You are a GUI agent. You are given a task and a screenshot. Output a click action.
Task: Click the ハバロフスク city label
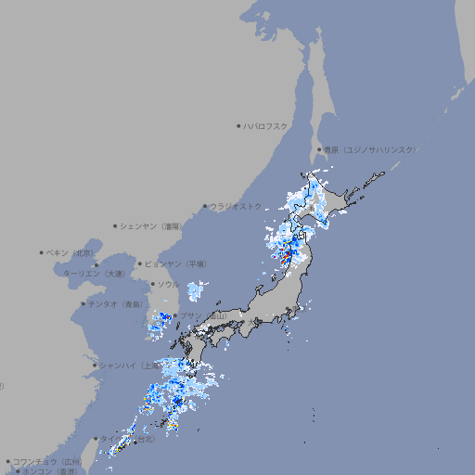tap(266, 125)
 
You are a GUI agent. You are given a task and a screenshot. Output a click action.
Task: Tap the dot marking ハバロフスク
tap(238, 125)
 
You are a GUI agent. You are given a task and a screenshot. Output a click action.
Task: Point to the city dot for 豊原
tap(319, 149)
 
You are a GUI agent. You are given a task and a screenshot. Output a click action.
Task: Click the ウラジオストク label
tap(236, 206)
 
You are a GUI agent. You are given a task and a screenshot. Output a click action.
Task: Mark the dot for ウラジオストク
tap(205, 206)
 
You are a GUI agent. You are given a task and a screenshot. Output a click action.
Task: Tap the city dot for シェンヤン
tap(116, 225)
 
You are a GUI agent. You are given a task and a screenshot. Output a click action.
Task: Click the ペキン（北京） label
tap(71, 252)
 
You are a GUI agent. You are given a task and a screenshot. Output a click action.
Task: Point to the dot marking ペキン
tap(42, 252)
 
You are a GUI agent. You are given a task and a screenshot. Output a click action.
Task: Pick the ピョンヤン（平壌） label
tap(176, 263)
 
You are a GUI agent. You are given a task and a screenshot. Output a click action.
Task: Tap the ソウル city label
tap(168, 284)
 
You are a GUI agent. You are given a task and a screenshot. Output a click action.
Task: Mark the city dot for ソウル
tap(152, 284)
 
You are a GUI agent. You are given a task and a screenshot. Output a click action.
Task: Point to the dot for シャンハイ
tap(95, 366)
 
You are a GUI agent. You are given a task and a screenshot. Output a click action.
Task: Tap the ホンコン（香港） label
tap(51, 471)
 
